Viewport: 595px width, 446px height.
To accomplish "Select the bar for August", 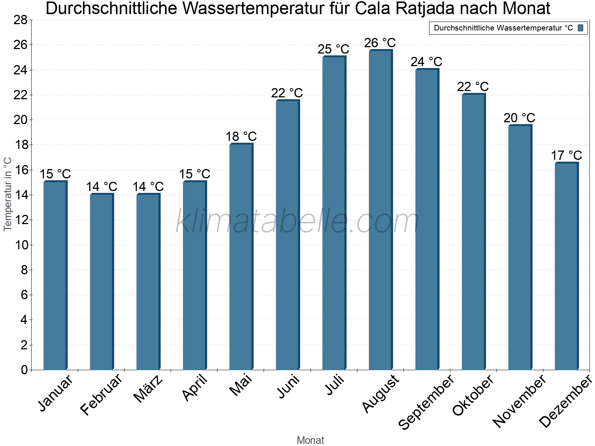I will click(x=380, y=210).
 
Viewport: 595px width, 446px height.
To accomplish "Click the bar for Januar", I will click(x=55, y=275).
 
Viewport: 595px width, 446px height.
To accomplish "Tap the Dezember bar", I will click(x=566, y=266).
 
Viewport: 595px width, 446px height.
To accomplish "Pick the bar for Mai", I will click(x=241, y=256).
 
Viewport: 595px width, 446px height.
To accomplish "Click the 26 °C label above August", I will click(x=380, y=43).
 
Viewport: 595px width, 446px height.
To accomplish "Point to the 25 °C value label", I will click(x=333, y=49).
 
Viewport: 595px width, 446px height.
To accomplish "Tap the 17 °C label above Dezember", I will click(x=566, y=155).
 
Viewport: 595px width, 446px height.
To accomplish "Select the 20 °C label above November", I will click(x=519, y=118).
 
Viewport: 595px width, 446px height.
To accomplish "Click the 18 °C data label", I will click(x=241, y=137).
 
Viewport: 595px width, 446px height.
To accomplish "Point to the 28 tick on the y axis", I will click(x=20, y=20).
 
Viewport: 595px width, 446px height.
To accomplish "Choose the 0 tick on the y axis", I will click(x=24, y=370).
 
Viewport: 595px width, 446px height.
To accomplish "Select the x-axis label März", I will click(x=148, y=389).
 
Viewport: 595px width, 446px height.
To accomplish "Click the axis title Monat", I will click(x=311, y=440).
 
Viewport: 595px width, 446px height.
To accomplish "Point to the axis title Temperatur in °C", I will click(x=8, y=194).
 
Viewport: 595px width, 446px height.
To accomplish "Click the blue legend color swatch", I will click(x=580, y=28).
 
